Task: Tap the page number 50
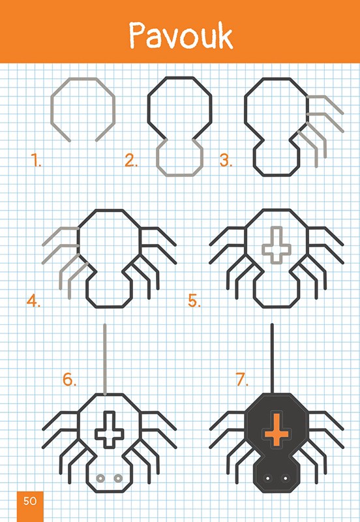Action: coord(30,500)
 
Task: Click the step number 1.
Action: coord(36,160)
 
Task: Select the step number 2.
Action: coord(131,160)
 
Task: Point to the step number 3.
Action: coord(226,160)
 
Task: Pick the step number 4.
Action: coord(34,301)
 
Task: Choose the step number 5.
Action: coord(194,301)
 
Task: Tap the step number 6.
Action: coord(70,379)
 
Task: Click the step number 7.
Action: coord(242,379)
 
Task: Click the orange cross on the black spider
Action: coord(277,429)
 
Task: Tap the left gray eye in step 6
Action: coord(100,478)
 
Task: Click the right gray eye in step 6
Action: coord(118,478)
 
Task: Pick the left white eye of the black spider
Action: coord(267,478)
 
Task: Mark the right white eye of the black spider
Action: coord(285,478)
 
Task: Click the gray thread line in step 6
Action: coord(105,360)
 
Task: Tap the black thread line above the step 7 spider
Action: coord(272,358)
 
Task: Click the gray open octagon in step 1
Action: coord(83,79)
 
